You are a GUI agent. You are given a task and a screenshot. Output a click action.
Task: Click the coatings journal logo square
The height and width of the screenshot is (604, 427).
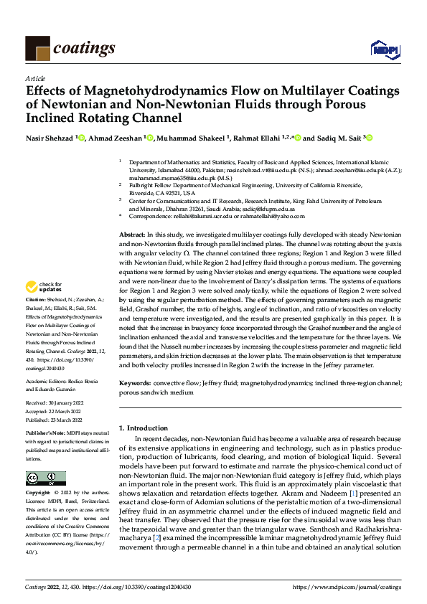click(x=37, y=48)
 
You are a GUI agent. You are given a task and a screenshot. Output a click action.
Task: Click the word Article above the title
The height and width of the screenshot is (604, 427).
click(x=35, y=79)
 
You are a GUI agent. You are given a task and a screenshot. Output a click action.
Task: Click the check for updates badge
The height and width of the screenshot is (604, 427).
click(x=45, y=287)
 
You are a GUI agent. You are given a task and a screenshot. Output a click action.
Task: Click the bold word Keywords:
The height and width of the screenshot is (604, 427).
click(x=136, y=384)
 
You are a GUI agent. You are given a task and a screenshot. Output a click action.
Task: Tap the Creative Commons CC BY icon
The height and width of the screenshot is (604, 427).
click(x=45, y=478)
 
